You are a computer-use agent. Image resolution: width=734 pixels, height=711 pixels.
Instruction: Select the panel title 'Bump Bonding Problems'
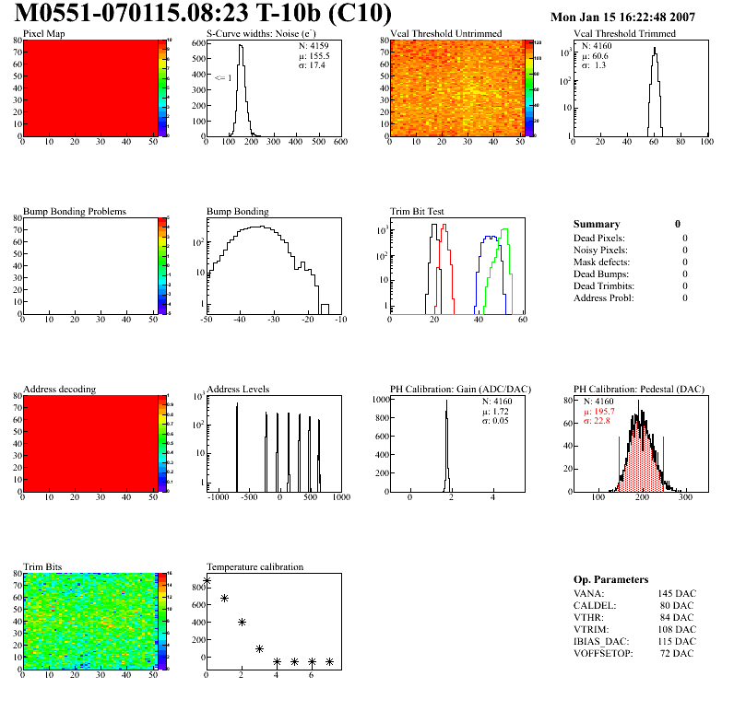pos(75,211)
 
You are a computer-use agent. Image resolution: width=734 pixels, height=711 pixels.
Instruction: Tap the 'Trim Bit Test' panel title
pos(418,211)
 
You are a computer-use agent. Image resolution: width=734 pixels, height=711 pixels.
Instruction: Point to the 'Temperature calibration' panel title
pos(255,566)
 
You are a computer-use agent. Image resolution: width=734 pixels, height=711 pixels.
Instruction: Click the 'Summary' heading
pos(597,224)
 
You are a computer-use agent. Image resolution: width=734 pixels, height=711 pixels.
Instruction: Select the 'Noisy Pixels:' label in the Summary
pos(600,250)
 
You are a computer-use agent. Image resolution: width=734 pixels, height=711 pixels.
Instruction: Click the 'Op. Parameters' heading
pos(610,579)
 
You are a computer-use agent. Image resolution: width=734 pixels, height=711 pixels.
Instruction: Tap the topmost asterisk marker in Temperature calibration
pos(207,580)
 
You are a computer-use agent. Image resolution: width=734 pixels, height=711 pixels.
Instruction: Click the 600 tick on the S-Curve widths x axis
pos(340,143)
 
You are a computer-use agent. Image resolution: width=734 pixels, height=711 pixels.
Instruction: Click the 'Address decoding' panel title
pos(59,390)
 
